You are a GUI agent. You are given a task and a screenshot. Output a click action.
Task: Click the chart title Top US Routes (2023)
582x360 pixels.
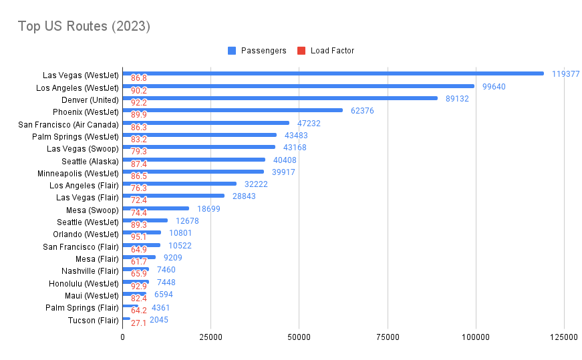point(84,27)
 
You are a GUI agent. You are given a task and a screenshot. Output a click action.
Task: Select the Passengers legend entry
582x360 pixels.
point(263,51)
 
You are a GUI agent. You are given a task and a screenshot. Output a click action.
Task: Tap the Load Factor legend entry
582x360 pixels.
point(332,51)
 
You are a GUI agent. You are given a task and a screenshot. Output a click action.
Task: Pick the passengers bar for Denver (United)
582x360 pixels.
point(280,98)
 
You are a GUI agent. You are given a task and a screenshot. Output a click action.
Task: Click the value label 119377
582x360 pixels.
point(565,74)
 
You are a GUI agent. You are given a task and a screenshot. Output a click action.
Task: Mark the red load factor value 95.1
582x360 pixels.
point(139,237)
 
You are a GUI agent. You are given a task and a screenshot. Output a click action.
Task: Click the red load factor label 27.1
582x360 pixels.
point(139,323)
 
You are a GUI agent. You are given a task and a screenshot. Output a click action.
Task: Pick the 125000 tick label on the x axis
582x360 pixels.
point(563,338)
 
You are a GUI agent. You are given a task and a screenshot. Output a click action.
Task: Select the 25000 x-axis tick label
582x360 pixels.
point(211,338)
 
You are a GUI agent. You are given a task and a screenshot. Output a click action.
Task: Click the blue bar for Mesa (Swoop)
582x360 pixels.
point(156,208)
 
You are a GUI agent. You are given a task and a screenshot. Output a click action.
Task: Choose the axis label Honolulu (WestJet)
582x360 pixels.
point(84,283)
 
